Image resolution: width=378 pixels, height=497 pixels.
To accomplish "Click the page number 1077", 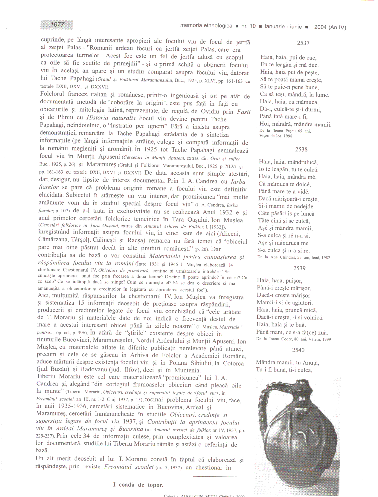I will (57, 24).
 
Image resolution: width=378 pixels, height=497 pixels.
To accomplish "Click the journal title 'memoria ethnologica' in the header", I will (206, 26).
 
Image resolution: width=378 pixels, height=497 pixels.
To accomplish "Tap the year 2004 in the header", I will (321, 27).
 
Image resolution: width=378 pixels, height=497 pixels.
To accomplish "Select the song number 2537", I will (303, 43).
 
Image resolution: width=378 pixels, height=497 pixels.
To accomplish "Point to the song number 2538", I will (301, 150).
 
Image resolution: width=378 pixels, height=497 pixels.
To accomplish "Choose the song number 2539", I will (299, 268).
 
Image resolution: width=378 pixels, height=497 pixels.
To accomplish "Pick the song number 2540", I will (298, 350).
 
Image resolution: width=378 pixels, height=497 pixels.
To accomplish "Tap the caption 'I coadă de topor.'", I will (138, 485).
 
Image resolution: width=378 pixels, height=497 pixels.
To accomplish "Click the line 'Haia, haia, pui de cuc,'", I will (288, 58).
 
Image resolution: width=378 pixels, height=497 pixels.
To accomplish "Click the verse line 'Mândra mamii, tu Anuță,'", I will (287, 363).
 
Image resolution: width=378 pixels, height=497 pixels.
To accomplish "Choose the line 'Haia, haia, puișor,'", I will (279, 280).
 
